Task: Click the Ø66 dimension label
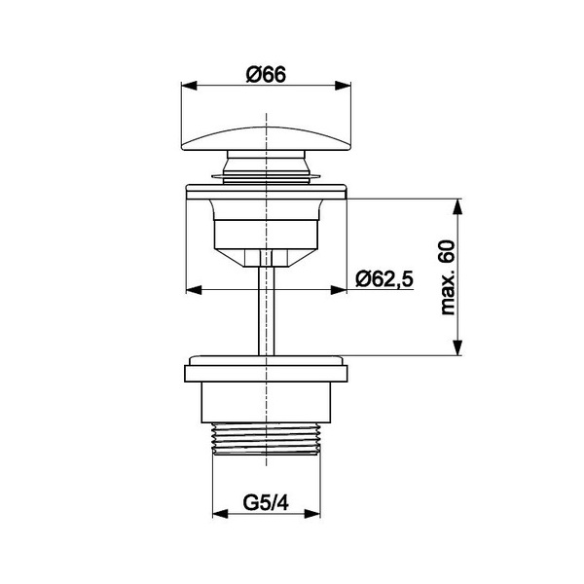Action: tap(266, 75)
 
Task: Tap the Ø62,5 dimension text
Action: tap(384, 278)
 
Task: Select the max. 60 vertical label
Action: tap(448, 277)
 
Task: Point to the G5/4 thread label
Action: tap(266, 503)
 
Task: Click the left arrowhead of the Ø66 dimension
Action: tap(189, 86)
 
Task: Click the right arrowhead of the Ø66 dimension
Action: tap(343, 86)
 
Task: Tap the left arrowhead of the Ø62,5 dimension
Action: tap(194, 290)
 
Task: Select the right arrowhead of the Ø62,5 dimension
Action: tap(339, 290)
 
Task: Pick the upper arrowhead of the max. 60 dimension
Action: tap(457, 206)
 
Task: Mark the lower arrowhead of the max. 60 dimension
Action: tap(457, 347)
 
